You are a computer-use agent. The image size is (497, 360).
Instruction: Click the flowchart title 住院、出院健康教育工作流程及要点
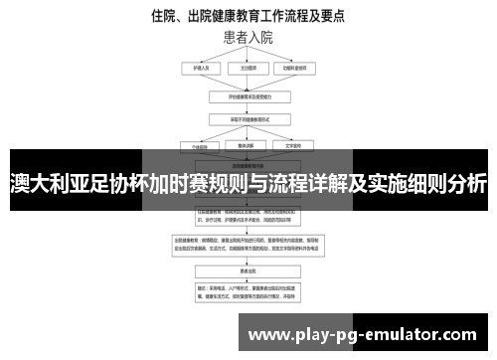(248, 16)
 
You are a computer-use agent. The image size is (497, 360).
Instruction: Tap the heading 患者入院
(248, 39)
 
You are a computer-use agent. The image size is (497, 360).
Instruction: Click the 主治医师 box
(248, 69)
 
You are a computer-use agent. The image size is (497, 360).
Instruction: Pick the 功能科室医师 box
(302, 69)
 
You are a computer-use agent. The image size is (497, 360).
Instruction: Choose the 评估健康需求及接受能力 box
(248, 97)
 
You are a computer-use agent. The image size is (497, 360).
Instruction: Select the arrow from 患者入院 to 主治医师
(248, 54)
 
